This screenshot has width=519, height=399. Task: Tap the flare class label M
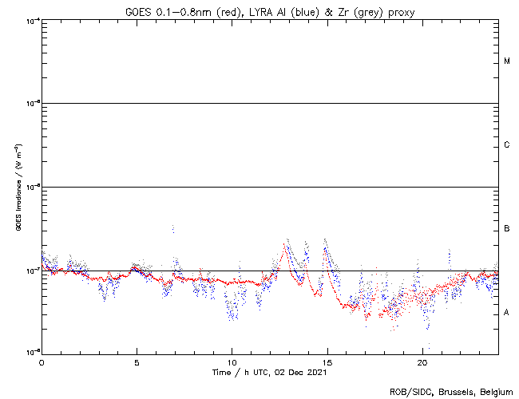[507, 61]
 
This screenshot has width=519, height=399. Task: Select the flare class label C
[507, 145]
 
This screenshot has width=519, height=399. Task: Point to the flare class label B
[507, 229]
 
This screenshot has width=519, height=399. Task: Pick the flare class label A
[507, 313]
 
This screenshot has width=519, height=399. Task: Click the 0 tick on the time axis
[42, 361]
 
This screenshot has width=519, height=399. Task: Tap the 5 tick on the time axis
[137, 361]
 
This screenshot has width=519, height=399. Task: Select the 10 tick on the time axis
[232, 361]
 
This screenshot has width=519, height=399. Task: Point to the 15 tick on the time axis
[327, 361]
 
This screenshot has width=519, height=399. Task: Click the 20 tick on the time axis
[422, 361]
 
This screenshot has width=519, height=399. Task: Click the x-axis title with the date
[268, 372]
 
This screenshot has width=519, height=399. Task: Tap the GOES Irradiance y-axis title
[18, 187]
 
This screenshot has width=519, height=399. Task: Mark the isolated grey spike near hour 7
[172, 229]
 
